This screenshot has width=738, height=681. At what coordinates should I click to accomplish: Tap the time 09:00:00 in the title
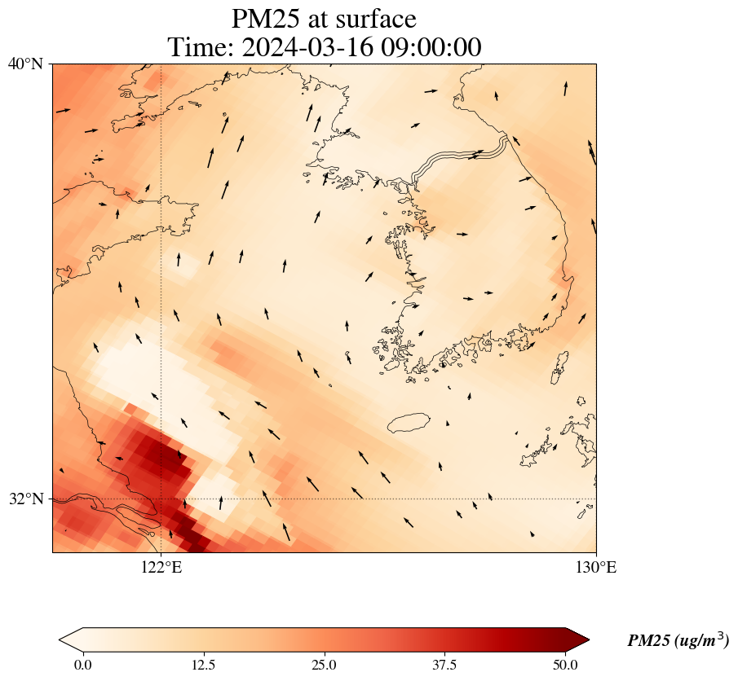coord(431,46)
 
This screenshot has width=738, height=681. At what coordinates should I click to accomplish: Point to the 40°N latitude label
coord(26,64)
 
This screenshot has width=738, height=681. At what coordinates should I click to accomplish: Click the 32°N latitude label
coord(26,499)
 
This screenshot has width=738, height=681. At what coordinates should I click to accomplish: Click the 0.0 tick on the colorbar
coord(82,665)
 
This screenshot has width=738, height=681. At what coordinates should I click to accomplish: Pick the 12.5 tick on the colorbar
coord(203,665)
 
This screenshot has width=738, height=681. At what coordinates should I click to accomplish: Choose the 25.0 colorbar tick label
coord(324,665)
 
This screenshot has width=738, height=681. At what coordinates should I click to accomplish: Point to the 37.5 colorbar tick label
coord(444,665)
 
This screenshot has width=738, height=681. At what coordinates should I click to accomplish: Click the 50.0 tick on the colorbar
coord(565,665)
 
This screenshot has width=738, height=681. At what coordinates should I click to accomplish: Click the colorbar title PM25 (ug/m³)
coord(678,641)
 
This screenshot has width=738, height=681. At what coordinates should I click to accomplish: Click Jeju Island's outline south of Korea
coord(409,423)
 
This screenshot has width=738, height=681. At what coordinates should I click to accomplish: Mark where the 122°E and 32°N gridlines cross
coord(161,499)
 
